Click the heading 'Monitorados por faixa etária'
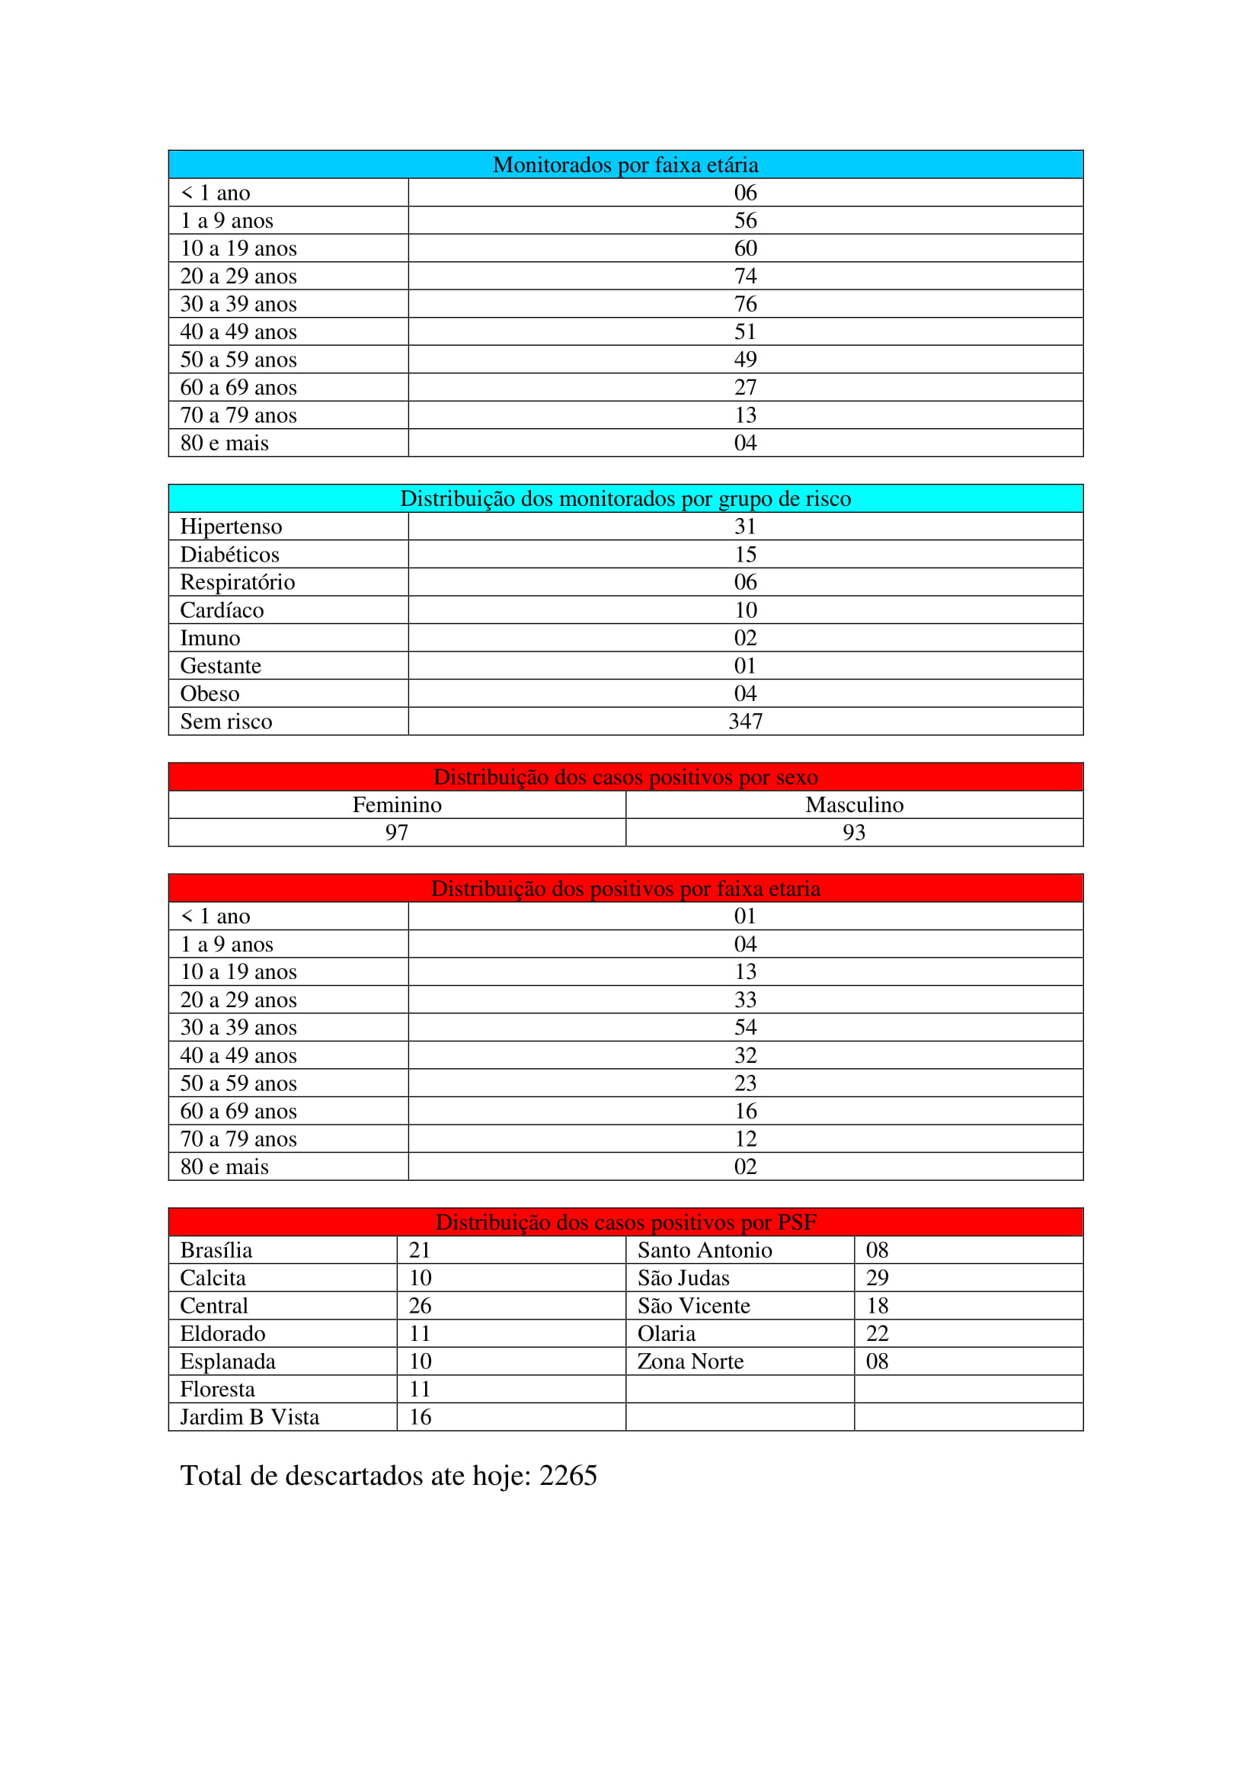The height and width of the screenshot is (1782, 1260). tap(625, 165)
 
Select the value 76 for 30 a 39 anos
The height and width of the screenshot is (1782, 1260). tap(745, 303)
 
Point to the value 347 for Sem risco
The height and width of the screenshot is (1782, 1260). tap(745, 721)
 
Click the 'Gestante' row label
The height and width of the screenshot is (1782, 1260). tap(220, 666)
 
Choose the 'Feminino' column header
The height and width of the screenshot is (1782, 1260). tap(396, 805)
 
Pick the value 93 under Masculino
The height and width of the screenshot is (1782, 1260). tap(853, 833)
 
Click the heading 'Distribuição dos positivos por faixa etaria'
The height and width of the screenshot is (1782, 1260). tap(625, 888)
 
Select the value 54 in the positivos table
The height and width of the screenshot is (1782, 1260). tap(745, 1028)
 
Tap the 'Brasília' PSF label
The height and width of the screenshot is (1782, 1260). tap(216, 1250)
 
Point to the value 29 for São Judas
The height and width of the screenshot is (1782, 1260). tap(877, 1278)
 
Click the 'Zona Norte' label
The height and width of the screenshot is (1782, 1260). tap(689, 1361)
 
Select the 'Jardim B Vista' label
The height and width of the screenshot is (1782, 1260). tap(249, 1417)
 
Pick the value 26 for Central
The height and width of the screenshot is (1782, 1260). tap(420, 1307)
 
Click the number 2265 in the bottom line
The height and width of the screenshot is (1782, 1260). tap(568, 1476)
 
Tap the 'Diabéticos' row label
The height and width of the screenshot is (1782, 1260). tap(229, 554)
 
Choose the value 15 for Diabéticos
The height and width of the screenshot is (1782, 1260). tap(745, 554)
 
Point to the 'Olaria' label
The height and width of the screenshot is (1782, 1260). tap(666, 1333)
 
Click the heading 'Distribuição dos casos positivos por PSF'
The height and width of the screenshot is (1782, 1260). tap(625, 1222)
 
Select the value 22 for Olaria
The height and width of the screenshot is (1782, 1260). tap(877, 1333)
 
